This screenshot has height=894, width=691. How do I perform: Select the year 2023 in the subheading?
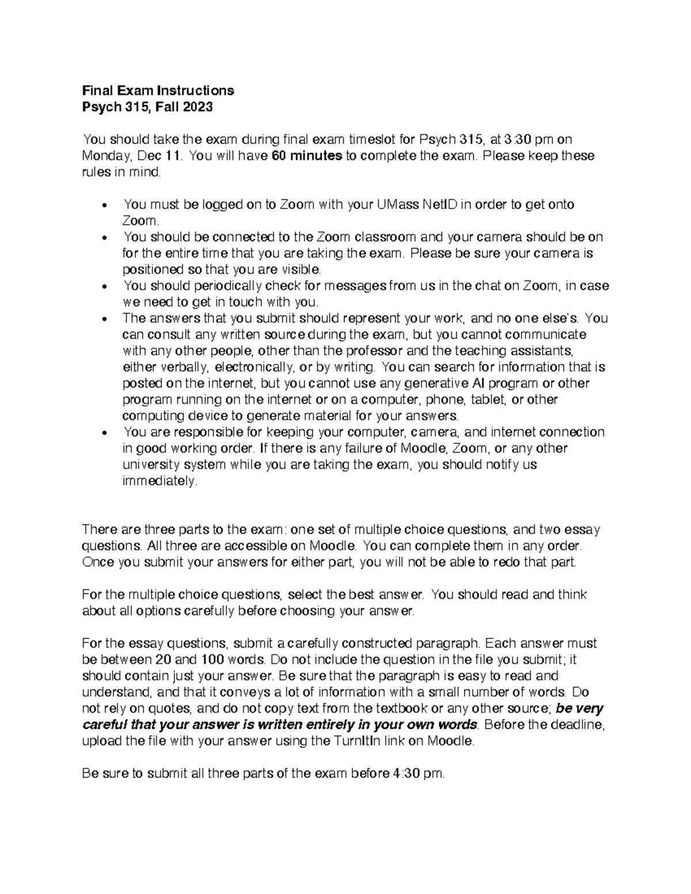coord(199,106)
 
